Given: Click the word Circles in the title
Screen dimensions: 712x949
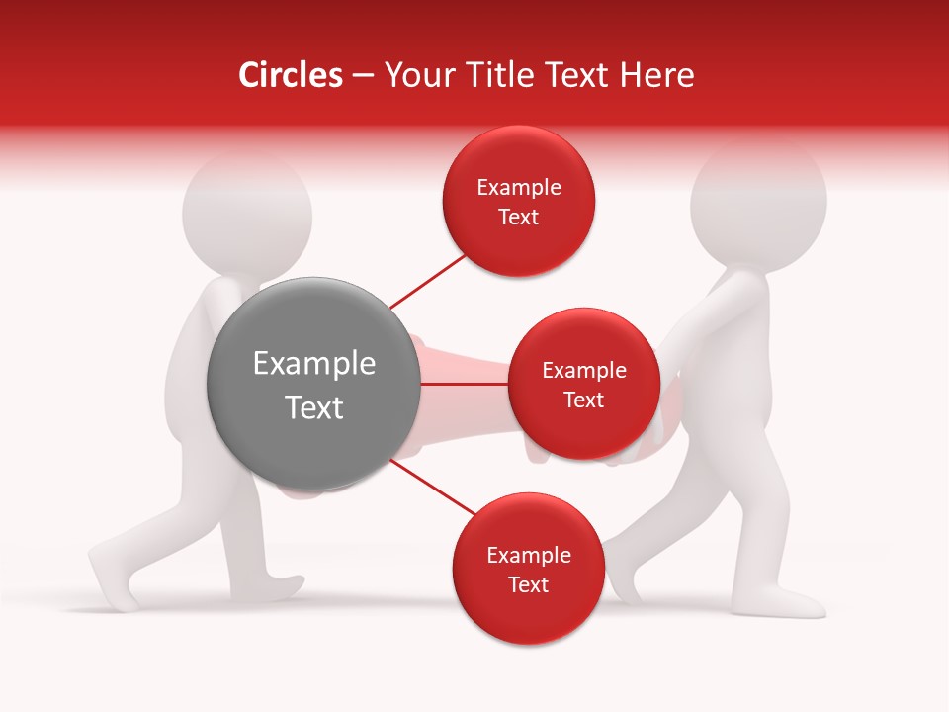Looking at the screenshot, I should point(291,75).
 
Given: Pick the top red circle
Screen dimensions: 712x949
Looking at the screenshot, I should point(519,201).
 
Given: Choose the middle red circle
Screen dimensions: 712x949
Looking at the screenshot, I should point(583,384).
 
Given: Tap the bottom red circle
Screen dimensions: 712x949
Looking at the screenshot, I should point(528,569).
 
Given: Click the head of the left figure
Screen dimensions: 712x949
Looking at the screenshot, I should point(247,213).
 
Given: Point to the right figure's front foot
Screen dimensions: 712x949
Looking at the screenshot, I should point(791,601).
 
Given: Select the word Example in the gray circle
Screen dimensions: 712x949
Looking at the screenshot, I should point(314,364).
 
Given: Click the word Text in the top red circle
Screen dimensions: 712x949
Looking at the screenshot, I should point(519,217).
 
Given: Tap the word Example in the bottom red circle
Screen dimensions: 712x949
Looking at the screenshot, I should point(528,555).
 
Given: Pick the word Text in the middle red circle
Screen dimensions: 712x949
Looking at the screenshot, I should point(583,400).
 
